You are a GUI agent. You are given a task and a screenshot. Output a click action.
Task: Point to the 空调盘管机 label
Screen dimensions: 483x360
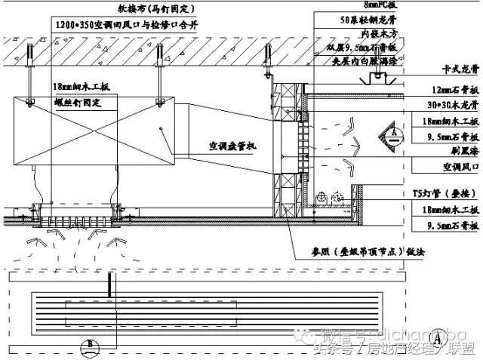pyautogui.click(x=231, y=146)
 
